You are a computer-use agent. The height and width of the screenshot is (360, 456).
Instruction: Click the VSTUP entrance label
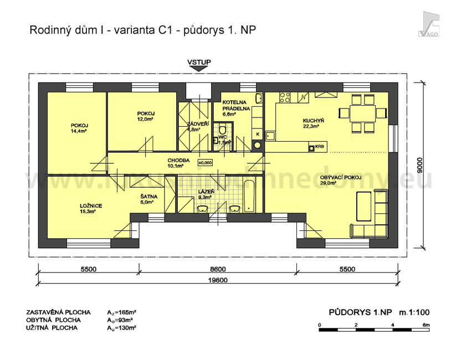[x=199, y=62]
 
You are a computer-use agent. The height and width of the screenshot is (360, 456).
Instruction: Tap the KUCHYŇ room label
[x=313, y=120]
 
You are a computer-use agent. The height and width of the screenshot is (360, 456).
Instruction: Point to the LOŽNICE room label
[x=90, y=205]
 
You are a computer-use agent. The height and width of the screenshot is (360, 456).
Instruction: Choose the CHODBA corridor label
[x=179, y=160]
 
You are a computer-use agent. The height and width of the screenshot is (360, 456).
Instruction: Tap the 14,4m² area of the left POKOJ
[x=79, y=131]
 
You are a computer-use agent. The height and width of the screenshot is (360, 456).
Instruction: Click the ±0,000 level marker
[x=205, y=163]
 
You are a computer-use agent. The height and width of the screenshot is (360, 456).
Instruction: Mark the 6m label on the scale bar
[x=426, y=325]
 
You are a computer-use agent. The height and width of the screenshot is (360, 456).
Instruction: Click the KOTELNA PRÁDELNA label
[x=236, y=106]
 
